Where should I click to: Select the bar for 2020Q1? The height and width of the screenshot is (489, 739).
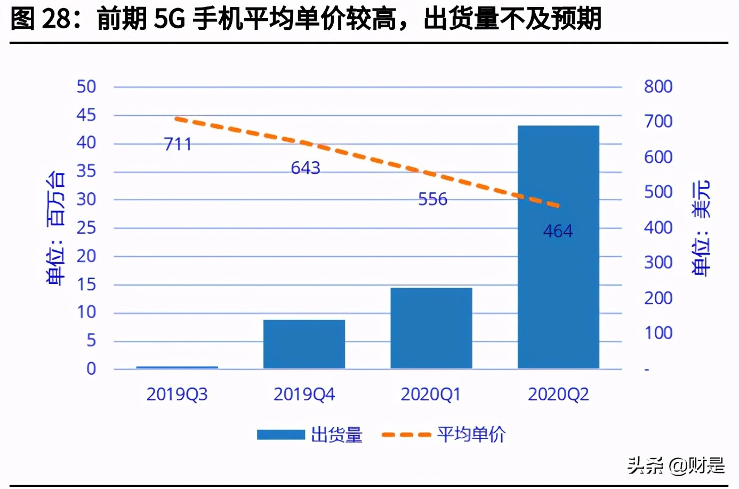coord(431,328)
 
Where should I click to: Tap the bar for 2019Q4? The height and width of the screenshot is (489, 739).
coord(304,344)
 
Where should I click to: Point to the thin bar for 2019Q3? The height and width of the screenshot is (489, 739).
coord(177,367)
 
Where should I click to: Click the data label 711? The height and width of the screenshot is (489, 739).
coord(178,144)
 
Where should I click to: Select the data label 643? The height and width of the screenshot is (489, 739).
coord(306,168)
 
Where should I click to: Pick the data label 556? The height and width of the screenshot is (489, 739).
coord(432,199)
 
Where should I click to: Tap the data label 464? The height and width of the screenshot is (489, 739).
coord(558,231)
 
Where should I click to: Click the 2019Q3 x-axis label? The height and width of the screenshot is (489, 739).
coord(177,395)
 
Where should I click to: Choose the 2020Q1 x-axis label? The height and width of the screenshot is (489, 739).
coord(431,395)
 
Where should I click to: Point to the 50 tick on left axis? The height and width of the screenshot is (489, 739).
coord(86,86)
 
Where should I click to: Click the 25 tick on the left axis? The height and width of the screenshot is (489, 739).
coord(86,228)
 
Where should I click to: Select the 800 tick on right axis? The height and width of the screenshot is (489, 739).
coord(658,86)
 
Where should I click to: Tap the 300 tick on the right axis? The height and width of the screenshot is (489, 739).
coord(658,263)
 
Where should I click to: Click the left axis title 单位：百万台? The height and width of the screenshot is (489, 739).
coord(56,228)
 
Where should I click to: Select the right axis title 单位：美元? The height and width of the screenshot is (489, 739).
coord(701,228)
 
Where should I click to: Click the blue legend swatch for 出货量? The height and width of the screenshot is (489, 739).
coord(280,435)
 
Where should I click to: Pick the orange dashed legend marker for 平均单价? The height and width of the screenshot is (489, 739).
coord(406,435)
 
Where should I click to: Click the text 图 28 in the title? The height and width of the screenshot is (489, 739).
coord(41,19)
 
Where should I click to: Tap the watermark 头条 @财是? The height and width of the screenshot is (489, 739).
coord(676,466)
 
